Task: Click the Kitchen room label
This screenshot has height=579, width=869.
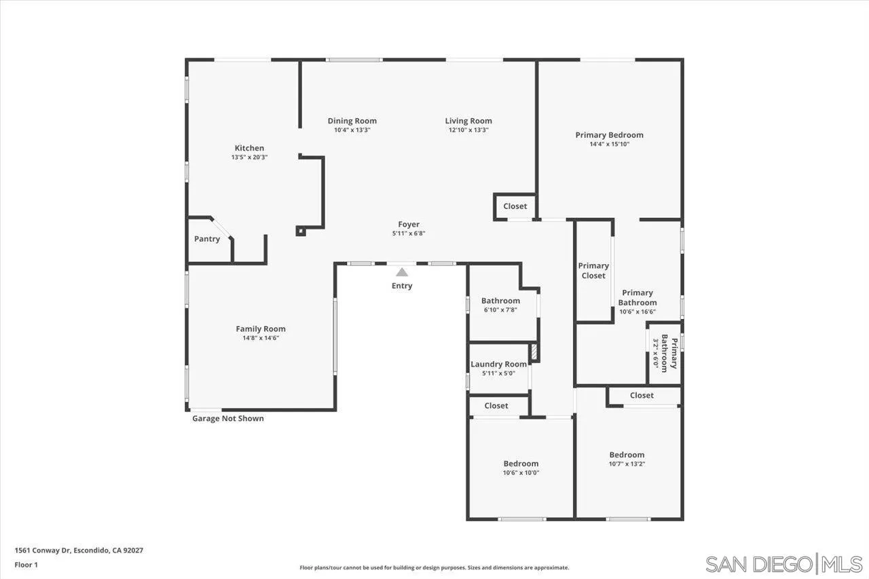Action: (249, 148)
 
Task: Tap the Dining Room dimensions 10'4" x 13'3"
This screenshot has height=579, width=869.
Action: (352, 130)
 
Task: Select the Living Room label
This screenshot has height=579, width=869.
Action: (468, 121)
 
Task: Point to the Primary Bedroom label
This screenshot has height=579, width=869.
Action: (609, 135)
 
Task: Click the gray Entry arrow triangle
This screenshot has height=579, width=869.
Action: (402, 272)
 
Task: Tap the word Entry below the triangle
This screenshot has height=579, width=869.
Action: (402, 286)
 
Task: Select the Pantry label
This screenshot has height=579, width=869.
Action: (207, 239)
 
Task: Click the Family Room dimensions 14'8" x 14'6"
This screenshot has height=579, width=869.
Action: (261, 337)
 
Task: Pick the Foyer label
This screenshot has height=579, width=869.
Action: (409, 224)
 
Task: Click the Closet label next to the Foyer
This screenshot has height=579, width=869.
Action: (515, 206)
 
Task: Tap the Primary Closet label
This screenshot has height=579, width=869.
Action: (593, 271)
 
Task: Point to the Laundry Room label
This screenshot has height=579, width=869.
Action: (498, 365)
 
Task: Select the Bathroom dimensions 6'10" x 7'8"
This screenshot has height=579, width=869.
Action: (500, 310)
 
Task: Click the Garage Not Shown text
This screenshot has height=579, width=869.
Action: (228, 419)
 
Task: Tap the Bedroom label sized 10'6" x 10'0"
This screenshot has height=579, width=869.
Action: (521, 464)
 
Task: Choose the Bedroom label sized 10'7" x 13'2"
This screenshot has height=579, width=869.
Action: (627, 455)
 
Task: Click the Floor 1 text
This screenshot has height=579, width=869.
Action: (26, 564)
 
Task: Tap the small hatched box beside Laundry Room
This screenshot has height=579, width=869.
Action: (534, 352)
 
